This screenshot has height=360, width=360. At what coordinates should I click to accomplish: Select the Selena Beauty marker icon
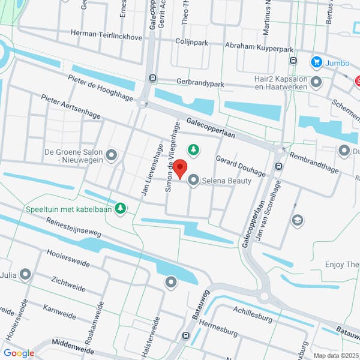(x=194, y=180)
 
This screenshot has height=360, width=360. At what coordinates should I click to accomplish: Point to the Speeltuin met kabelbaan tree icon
(x=121, y=208)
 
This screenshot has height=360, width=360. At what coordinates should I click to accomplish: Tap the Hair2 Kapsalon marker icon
(x=316, y=82)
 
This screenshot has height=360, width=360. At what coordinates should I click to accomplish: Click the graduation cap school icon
(x=296, y=220)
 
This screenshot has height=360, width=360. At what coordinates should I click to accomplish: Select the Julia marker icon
(x=25, y=275)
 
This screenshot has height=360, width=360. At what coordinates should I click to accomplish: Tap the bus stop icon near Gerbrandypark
(x=153, y=77)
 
